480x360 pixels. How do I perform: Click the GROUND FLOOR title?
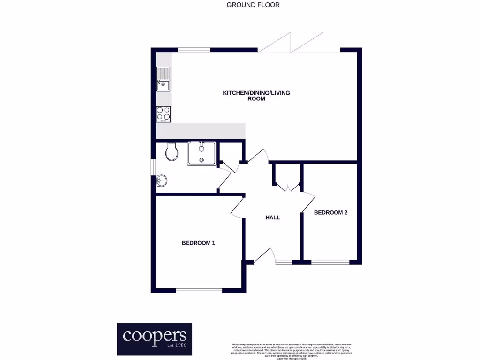(x=253, y=5)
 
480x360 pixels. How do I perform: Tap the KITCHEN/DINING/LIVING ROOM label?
(x=256, y=96)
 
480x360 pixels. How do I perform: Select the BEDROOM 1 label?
(x=198, y=243)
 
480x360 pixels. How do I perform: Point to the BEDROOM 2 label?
(x=330, y=212)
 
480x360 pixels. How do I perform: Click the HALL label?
(x=272, y=217)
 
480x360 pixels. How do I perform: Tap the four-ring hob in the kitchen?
(x=163, y=114)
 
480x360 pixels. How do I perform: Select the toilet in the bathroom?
(x=172, y=151)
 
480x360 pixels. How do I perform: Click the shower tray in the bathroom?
(x=202, y=153)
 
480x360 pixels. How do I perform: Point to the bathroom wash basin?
(x=161, y=180)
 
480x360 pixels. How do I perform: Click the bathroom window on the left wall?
(x=153, y=167)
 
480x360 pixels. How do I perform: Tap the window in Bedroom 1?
(x=199, y=291)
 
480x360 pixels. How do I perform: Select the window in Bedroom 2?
(x=330, y=262)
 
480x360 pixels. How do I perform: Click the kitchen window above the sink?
(x=194, y=49)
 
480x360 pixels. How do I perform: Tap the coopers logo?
(x=154, y=338)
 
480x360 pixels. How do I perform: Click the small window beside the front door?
(x=284, y=262)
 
